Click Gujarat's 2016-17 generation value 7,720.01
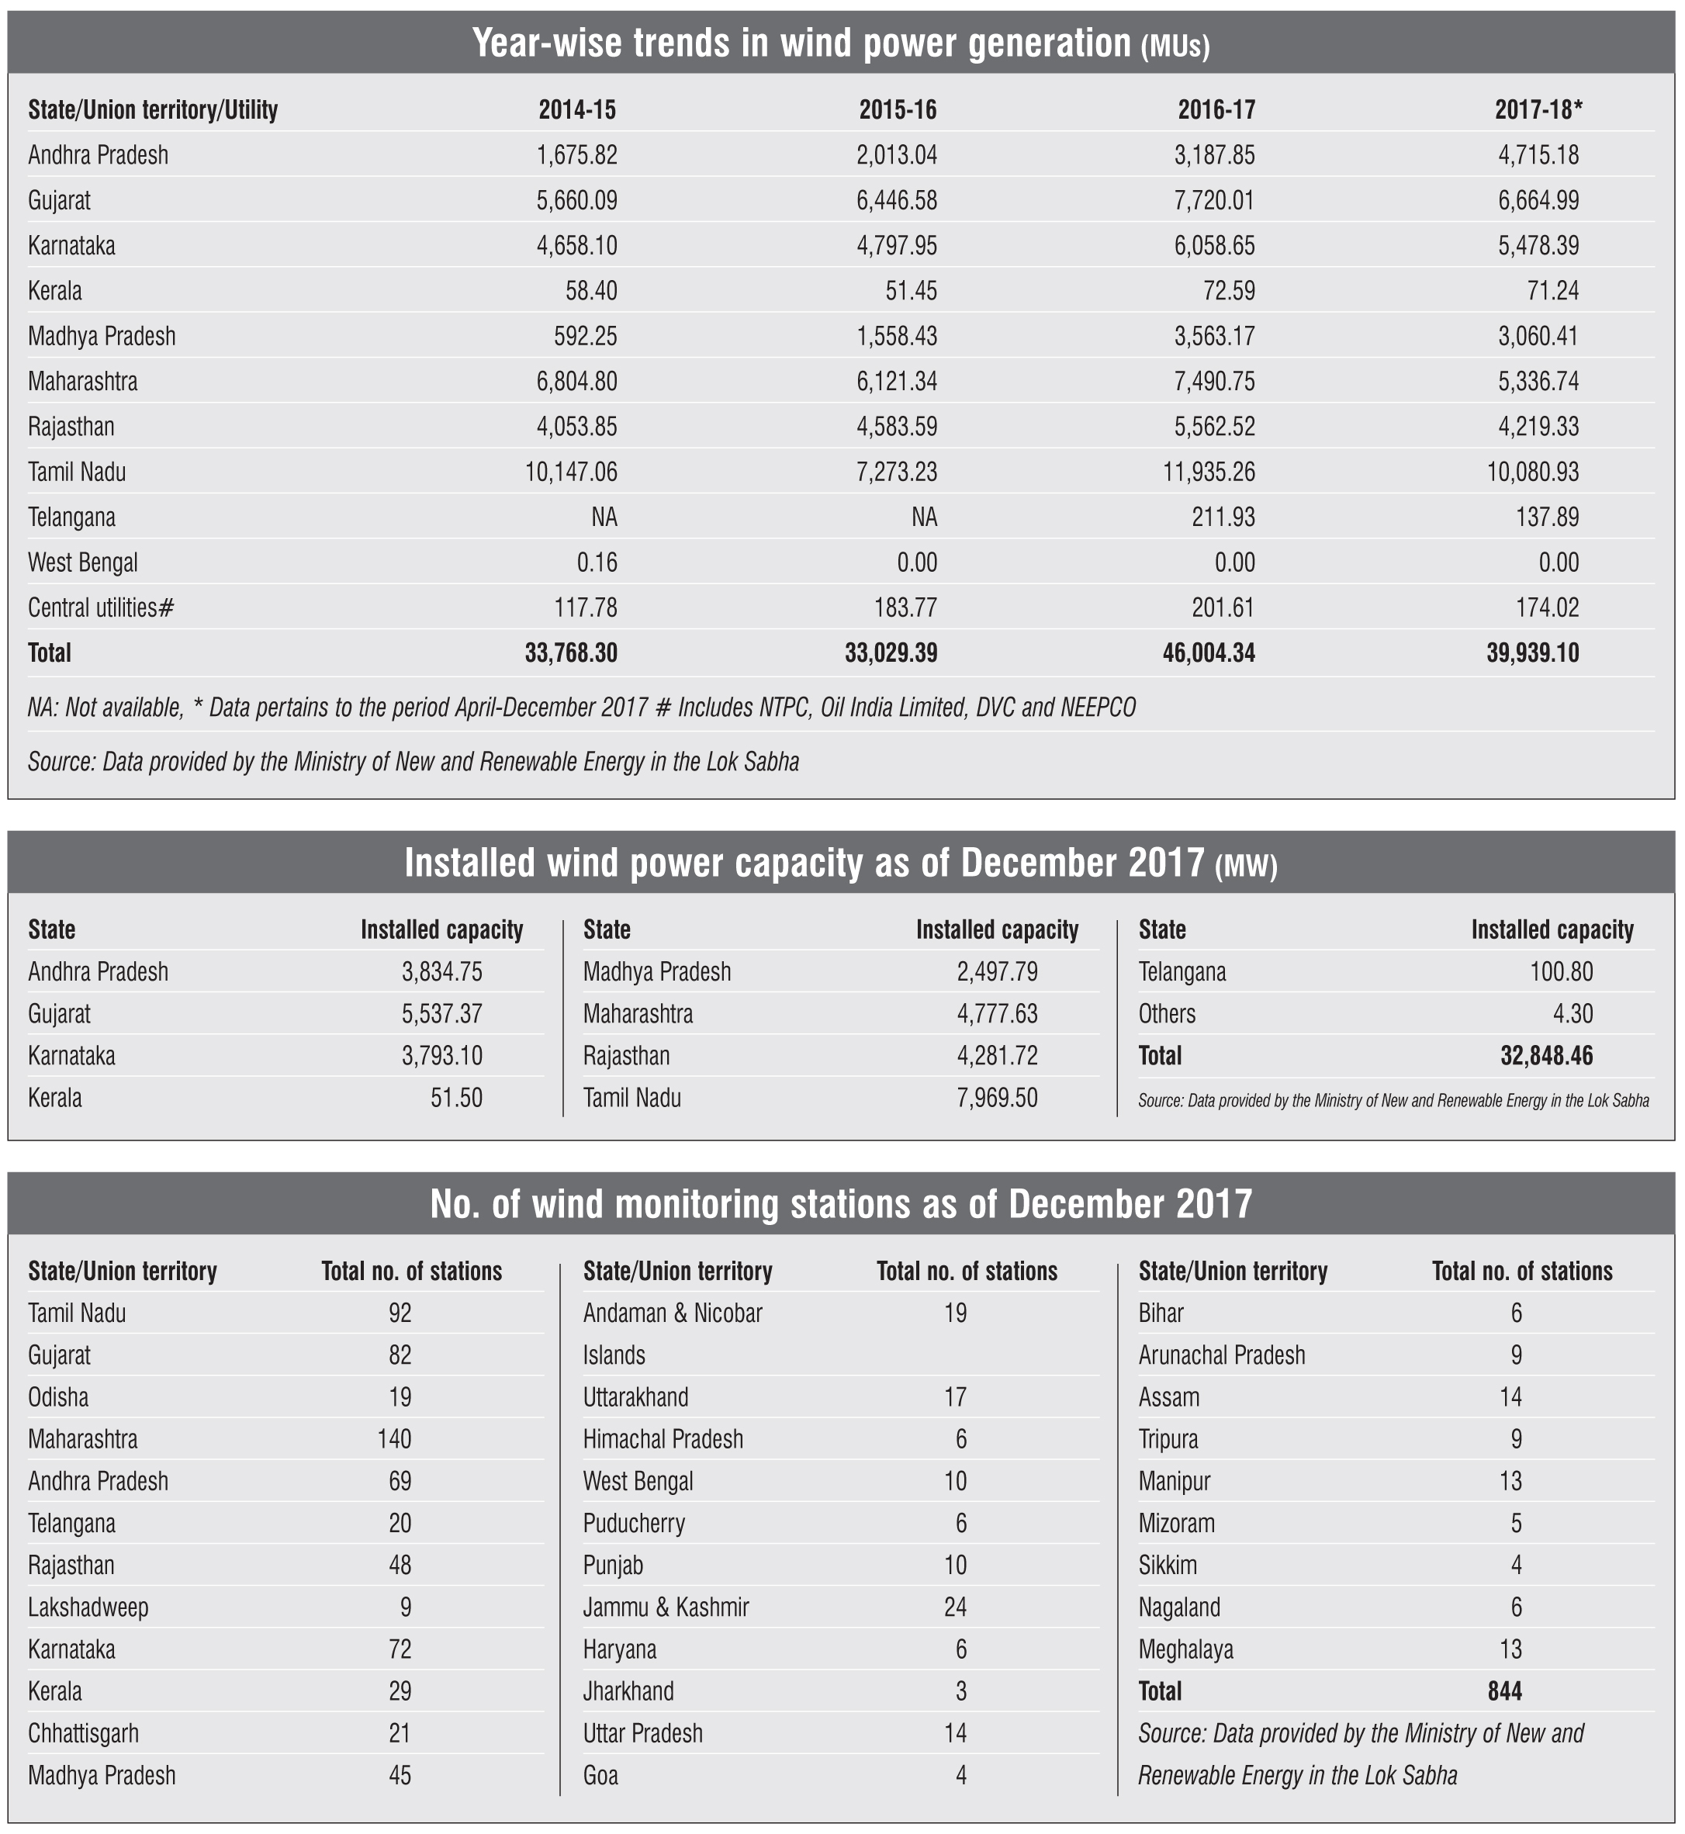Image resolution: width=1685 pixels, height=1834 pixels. [1216, 201]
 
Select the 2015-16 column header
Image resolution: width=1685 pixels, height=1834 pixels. [898, 110]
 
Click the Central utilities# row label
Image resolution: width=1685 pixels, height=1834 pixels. [100, 608]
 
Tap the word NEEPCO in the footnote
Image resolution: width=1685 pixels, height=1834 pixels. [1098, 708]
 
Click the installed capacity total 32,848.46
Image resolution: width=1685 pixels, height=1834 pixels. [1546, 1056]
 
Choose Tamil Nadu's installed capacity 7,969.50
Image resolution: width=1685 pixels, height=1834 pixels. [997, 1098]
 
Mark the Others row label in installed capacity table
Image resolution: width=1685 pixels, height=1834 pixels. [1166, 1014]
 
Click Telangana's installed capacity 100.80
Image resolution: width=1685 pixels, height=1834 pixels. [1561, 972]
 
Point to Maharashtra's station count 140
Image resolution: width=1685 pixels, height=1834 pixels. [394, 1440]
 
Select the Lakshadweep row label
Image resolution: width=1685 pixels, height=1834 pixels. [88, 1607]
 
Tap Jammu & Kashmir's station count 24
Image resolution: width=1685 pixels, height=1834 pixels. [955, 1607]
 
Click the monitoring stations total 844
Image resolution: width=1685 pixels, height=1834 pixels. [1503, 1692]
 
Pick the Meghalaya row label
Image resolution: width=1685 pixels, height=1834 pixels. [1185, 1650]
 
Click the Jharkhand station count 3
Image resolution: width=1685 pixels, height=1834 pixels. [960, 1692]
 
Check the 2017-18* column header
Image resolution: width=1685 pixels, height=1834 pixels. [1538, 110]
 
